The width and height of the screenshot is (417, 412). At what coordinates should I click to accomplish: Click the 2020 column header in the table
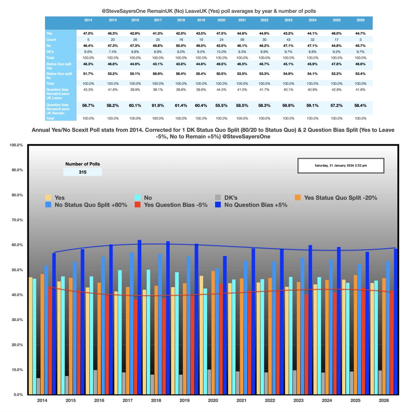tap(221, 20)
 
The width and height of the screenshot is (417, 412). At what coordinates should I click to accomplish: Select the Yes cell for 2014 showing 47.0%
tap(88, 33)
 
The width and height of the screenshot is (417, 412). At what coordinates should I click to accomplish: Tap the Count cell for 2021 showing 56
tap(242, 40)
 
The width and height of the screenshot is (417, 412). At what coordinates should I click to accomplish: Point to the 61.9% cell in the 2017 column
tap(158, 105)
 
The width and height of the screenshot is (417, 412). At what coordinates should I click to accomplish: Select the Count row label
tap(51, 40)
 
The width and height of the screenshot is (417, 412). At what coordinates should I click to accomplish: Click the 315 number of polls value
tap(82, 172)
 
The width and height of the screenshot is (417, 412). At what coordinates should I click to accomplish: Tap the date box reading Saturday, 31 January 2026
tap(341, 166)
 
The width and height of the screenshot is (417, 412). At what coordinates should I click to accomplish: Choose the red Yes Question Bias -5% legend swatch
tap(138, 205)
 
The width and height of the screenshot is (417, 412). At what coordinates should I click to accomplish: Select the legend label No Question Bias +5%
tap(256, 205)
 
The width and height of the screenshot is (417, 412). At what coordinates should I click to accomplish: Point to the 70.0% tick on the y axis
tap(16, 220)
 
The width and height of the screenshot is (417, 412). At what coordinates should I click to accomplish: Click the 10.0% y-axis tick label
tap(16, 370)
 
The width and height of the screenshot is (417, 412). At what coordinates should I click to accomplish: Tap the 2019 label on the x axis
tap(185, 401)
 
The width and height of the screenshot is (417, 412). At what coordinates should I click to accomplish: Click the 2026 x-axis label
tap(384, 401)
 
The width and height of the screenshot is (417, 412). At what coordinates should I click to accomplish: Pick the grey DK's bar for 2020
tap(209, 382)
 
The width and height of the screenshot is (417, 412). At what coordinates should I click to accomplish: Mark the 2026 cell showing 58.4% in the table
tap(360, 105)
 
